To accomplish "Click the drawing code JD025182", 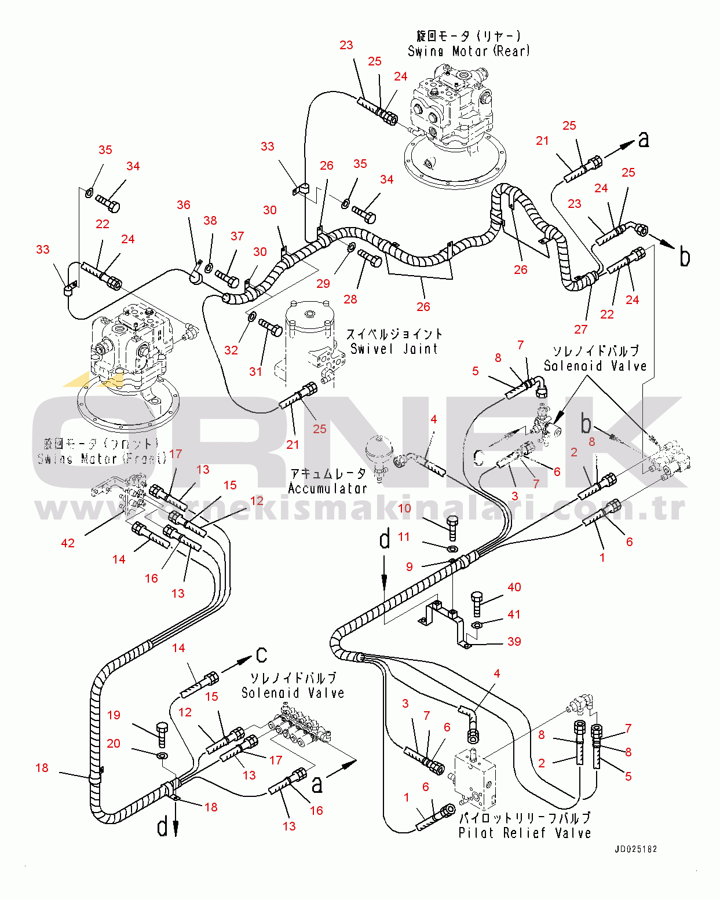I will click(x=635, y=849).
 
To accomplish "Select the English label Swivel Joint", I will click(x=394, y=349).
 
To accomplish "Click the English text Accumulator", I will click(x=327, y=489).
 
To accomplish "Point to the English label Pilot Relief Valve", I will click(x=524, y=833).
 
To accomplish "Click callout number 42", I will click(x=68, y=543).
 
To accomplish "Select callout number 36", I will click(x=184, y=205).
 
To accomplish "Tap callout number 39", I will click(x=514, y=642).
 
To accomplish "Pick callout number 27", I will click(x=580, y=330).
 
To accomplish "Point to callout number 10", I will click(x=404, y=508).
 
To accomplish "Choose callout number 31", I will click(x=255, y=372).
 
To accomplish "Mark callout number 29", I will click(x=323, y=284).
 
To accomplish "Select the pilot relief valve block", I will click(x=476, y=779).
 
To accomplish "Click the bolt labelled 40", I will click(x=477, y=603).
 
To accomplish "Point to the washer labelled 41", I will click(x=477, y=625).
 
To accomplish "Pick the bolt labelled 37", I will click(x=228, y=278).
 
